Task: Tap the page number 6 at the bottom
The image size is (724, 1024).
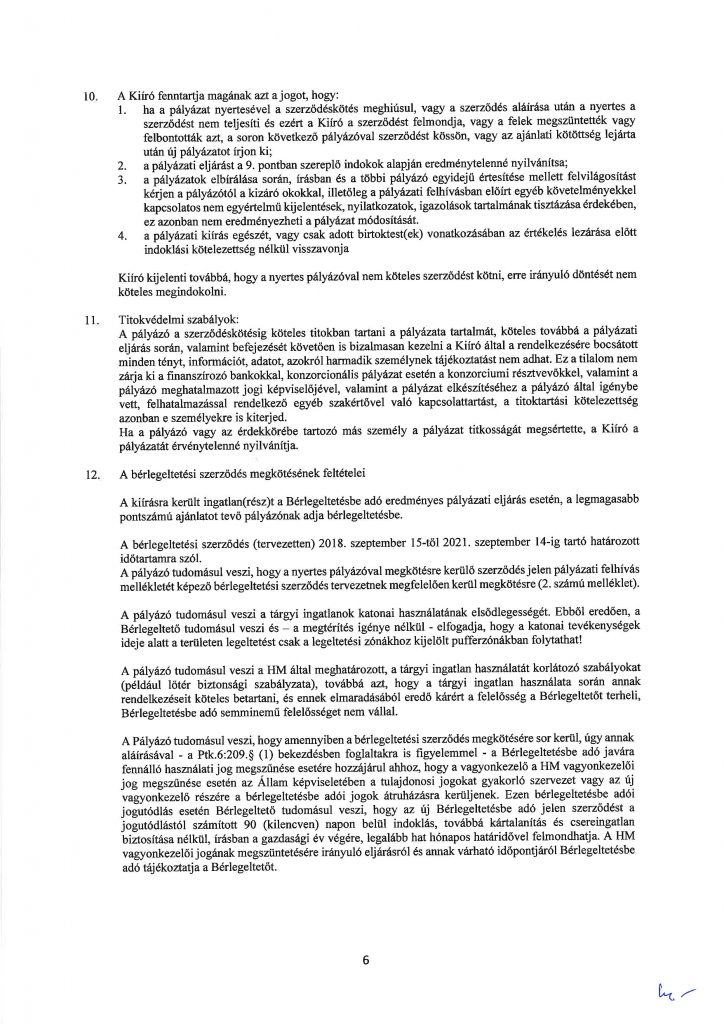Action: click(366, 962)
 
